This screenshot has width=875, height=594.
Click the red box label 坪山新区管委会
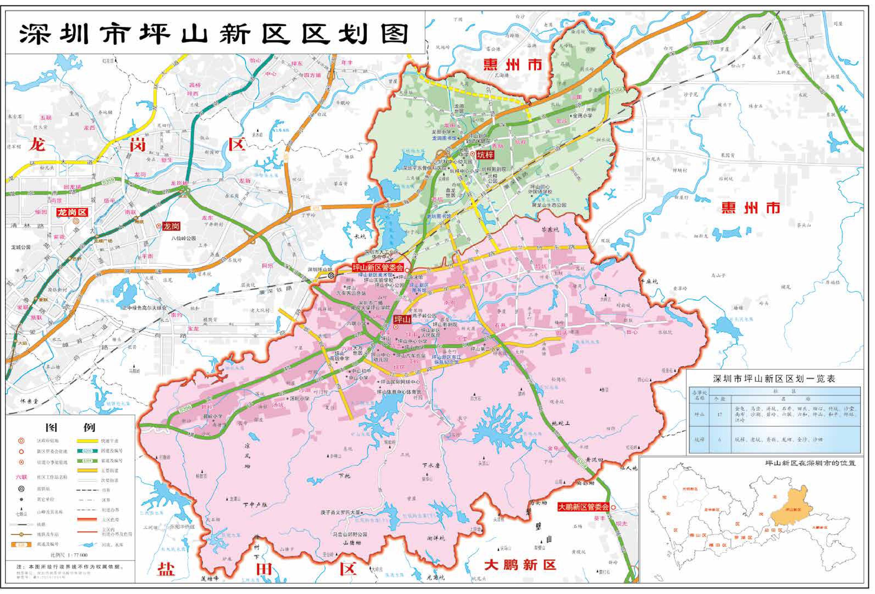pos(378,267)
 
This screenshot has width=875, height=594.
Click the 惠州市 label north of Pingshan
pos(513,65)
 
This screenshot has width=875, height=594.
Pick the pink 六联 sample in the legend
pos(21,477)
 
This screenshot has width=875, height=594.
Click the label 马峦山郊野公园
pos(350,534)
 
